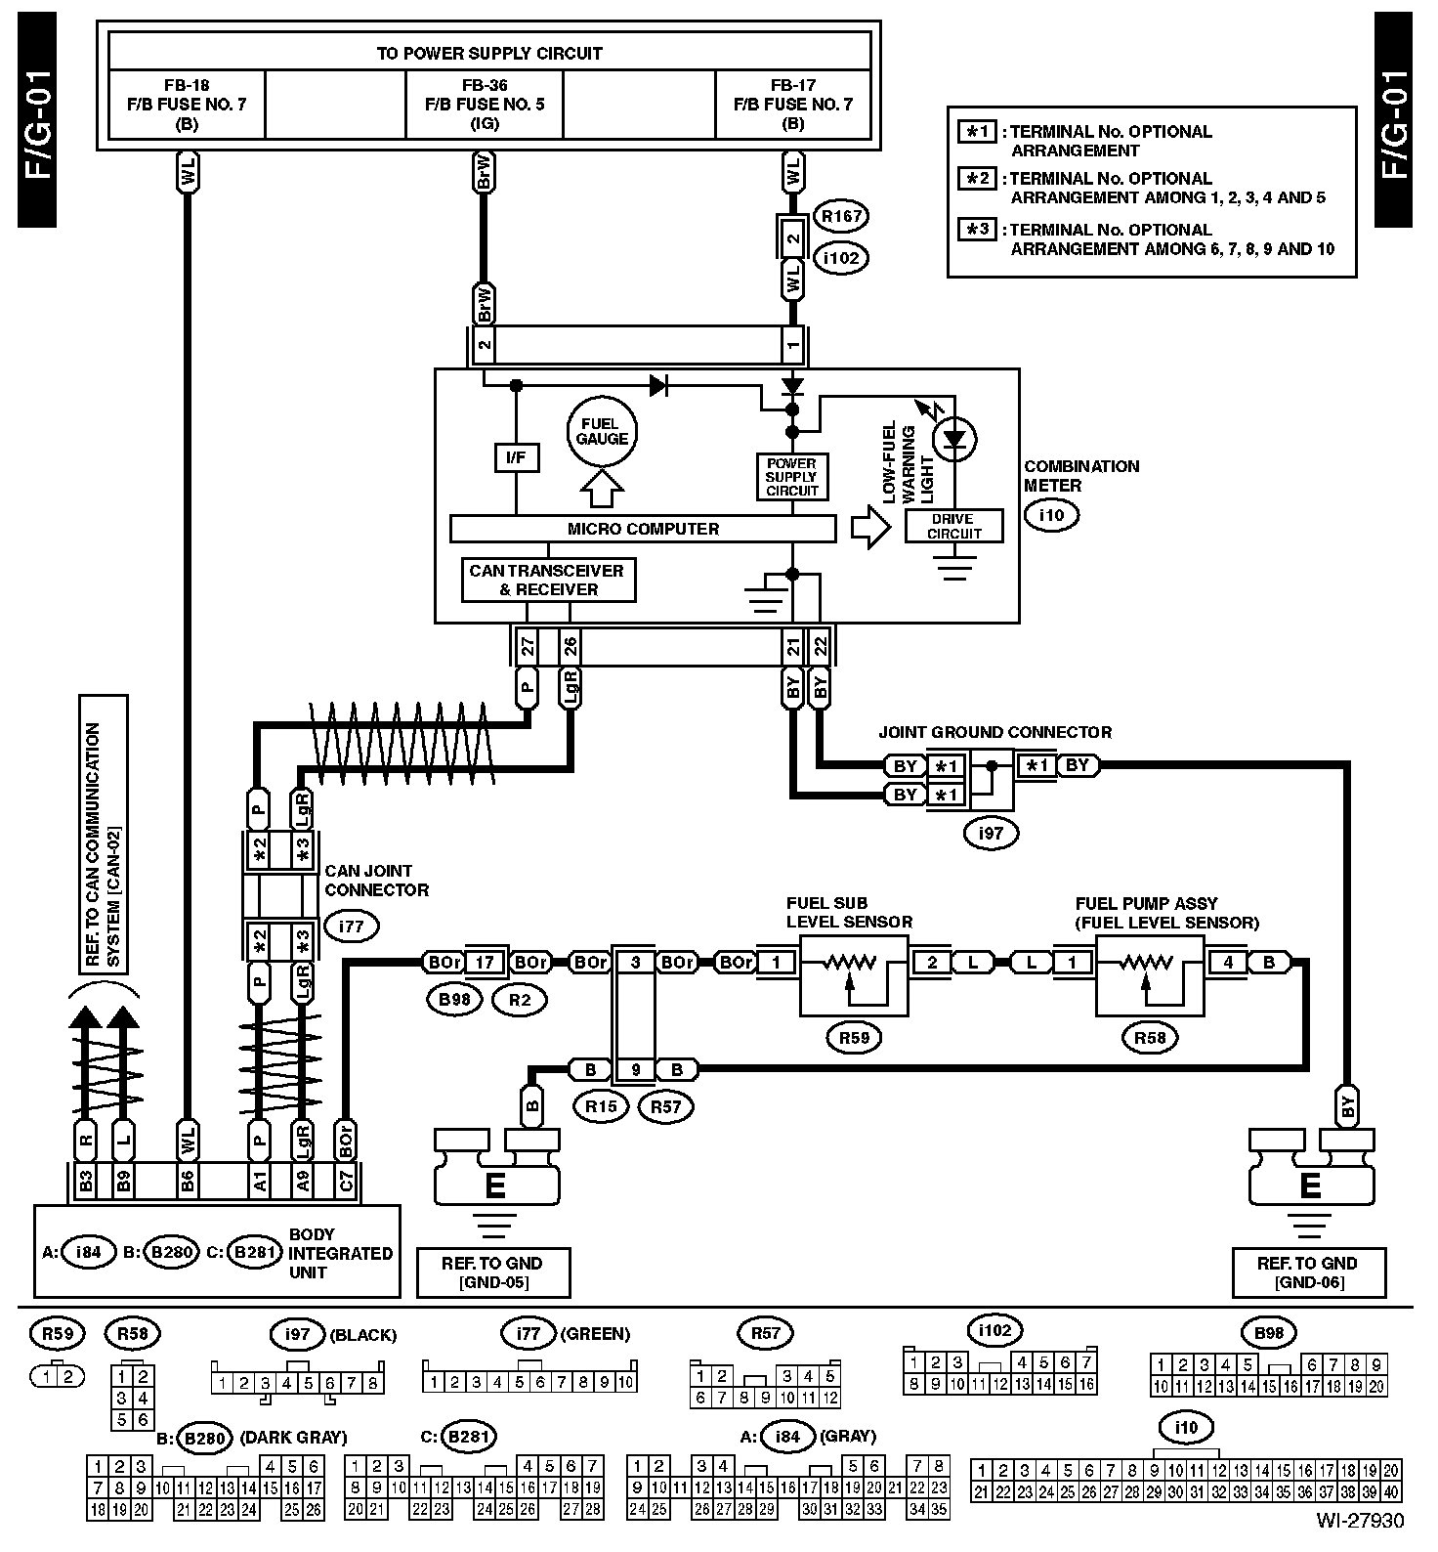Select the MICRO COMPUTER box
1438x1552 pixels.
point(643,529)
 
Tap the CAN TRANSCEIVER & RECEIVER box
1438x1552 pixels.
point(547,580)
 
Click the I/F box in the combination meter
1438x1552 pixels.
point(517,456)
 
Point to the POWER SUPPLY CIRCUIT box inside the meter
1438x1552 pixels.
point(791,477)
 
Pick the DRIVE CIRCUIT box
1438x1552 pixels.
point(953,526)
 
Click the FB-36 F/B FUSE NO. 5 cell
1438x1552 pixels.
point(485,104)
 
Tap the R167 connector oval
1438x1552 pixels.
point(840,216)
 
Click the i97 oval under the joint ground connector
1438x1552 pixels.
point(991,833)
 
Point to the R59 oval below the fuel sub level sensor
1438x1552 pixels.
point(854,1038)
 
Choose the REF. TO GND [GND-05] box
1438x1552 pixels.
point(492,1272)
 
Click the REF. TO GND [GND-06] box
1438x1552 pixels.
point(1307,1272)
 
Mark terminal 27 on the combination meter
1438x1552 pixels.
point(528,646)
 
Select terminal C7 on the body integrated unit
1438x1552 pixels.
point(345,1181)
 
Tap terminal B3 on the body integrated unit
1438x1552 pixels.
point(86,1181)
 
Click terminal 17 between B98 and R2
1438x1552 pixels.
point(485,963)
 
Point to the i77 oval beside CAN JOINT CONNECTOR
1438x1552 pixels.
point(351,925)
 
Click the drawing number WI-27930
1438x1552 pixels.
point(1359,1521)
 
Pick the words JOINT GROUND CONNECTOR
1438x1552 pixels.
point(994,732)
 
